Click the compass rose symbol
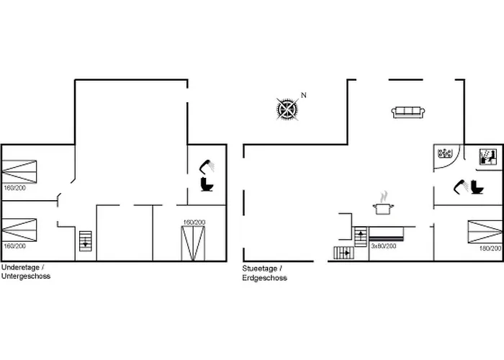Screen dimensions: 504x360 [x=287, y=109]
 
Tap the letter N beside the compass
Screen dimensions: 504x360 [x=303, y=95]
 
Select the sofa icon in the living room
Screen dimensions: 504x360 [x=408, y=112]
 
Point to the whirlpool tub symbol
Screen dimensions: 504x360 [x=445, y=153]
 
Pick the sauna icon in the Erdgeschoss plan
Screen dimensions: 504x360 [x=487, y=157]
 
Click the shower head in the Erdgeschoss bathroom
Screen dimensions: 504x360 [x=461, y=186]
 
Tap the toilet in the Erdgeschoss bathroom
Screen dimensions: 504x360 [x=477, y=187]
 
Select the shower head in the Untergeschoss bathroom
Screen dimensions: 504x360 [x=207, y=166]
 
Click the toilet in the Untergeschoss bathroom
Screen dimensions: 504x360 [x=207, y=184]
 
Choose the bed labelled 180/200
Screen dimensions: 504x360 [x=485, y=232]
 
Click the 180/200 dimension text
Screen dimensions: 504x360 [x=490, y=248]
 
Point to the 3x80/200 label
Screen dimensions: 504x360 [x=384, y=246]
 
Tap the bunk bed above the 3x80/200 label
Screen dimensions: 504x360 [x=387, y=234]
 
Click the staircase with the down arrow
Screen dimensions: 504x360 [x=86, y=241]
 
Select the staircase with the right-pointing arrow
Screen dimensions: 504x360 [x=344, y=253]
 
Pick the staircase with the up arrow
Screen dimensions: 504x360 [x=361, y=237]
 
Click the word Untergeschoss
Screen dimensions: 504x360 [x=26, y=276]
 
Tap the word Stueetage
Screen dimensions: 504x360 [x=260, y=269]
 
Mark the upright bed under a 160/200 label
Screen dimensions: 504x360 [x=193, y=243]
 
